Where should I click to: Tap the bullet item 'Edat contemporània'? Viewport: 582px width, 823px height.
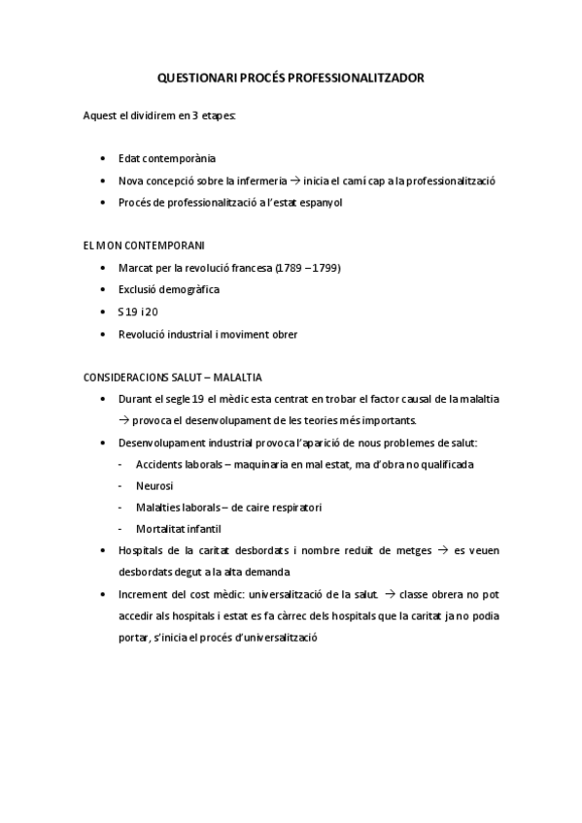[x=166, y=157]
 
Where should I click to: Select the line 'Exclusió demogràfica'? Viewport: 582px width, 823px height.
[x=168, y=289]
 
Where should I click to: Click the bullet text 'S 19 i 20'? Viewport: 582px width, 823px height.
[x=137, y=312]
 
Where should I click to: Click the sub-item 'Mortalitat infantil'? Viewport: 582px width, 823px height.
[x=179, y=529]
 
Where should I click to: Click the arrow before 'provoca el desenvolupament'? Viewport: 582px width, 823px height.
[x=123, y=420]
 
